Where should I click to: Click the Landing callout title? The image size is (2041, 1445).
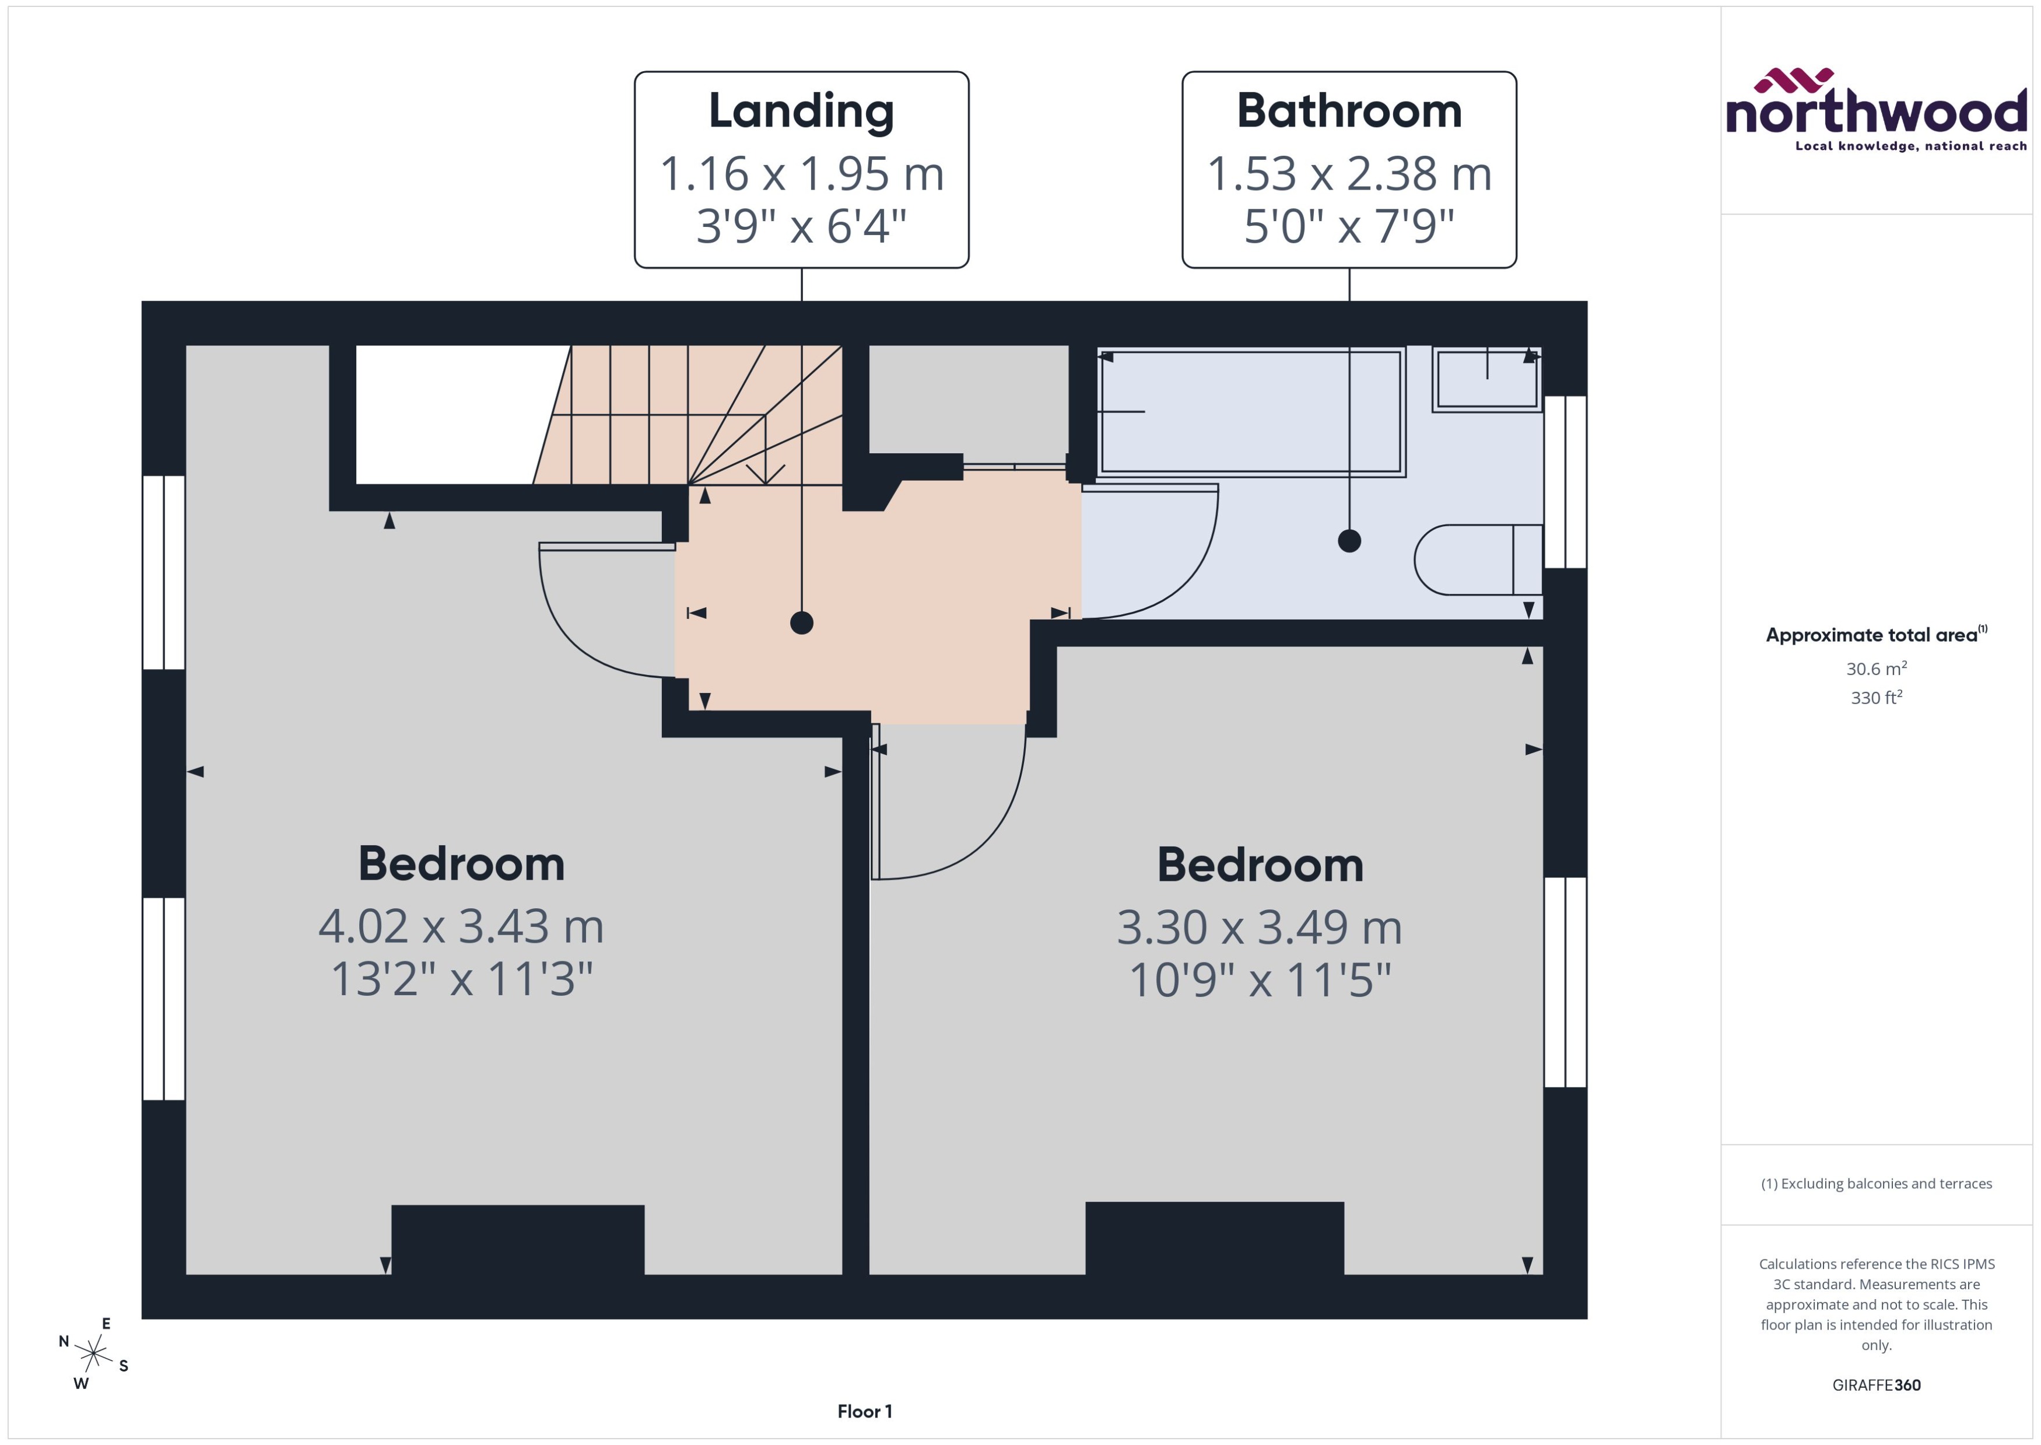[801, 111]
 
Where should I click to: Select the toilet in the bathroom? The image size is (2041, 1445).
[1477, 559]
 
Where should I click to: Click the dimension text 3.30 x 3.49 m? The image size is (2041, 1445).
[1259, 927]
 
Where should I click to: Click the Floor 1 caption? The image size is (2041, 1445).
[864, 1411]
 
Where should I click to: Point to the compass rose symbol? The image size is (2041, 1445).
[93, 1353]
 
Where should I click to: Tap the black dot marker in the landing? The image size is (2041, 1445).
[801, 623]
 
